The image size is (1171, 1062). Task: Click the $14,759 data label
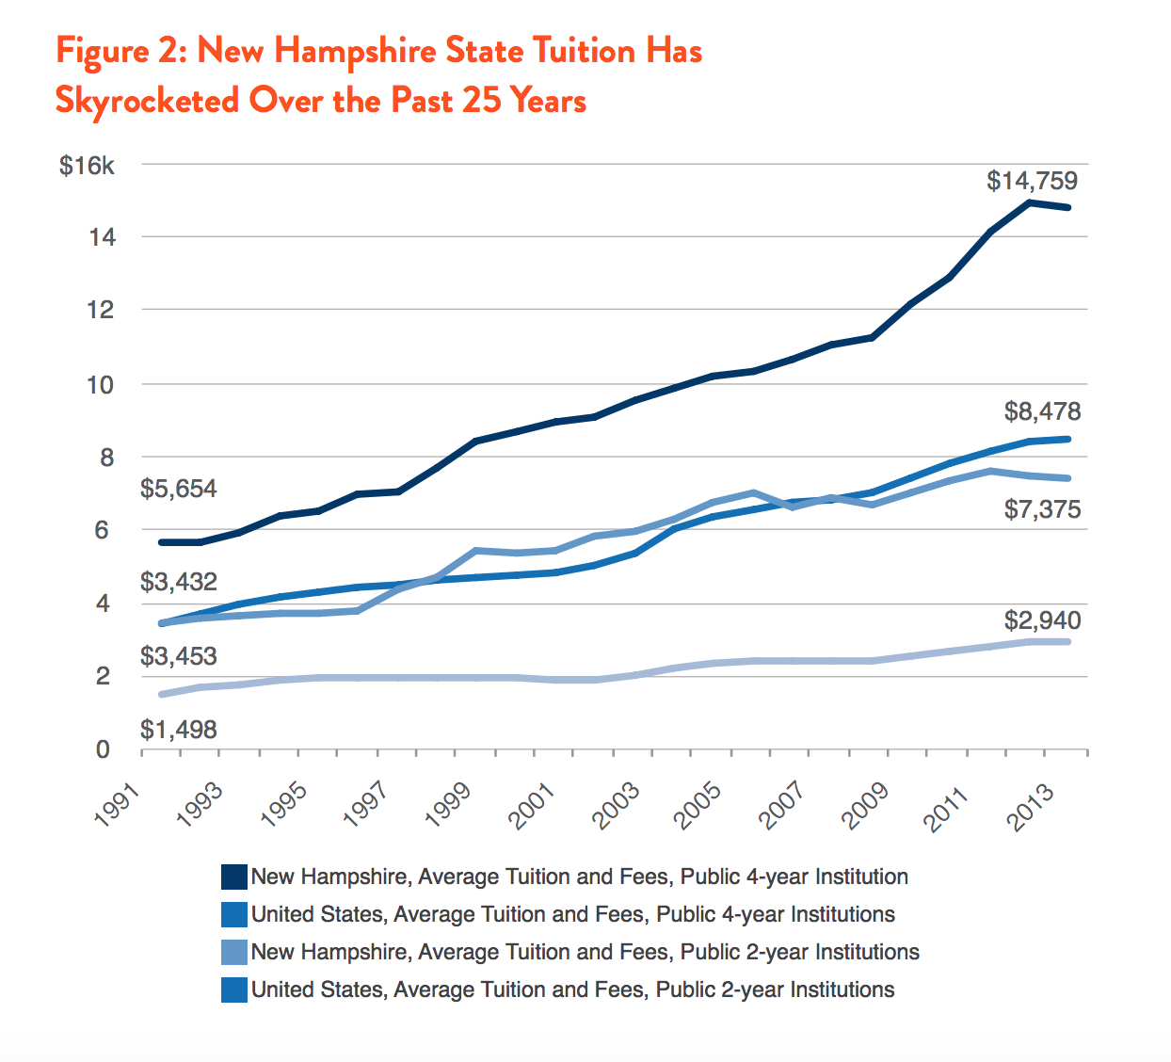(1032, 181)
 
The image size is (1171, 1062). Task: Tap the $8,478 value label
(1042, 411)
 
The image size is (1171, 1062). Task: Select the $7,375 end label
(1042, 510)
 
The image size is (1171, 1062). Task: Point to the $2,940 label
(1042, 620)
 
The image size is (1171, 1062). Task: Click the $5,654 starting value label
(179, 489)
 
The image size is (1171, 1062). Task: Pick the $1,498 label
(179, 730)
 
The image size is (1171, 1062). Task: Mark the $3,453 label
(179, 656)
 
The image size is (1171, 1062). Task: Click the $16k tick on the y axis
(87, 167)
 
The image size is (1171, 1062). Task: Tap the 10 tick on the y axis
(100, 385)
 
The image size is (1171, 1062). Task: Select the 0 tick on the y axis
(104, 750)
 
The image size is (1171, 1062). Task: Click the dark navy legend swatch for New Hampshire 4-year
(233, 877)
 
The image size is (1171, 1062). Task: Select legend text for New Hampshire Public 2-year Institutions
(585, 952)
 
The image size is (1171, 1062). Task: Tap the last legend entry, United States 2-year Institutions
(572, 990)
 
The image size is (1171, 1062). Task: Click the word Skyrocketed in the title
(147, 100)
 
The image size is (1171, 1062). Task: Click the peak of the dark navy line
(1029, 202)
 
